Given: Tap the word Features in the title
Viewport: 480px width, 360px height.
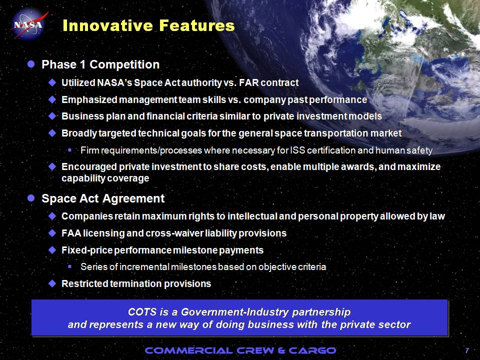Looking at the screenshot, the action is point(197,25).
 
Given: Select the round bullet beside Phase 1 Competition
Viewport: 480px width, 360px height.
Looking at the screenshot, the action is point(31,64).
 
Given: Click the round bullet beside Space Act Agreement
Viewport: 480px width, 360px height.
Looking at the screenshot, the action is point(31,198).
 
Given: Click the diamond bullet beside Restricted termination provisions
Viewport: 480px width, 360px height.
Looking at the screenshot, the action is point(52,283).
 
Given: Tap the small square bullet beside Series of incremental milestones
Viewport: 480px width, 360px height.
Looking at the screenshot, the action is point(70,266).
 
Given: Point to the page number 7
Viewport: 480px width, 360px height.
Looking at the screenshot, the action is point(467,350).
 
